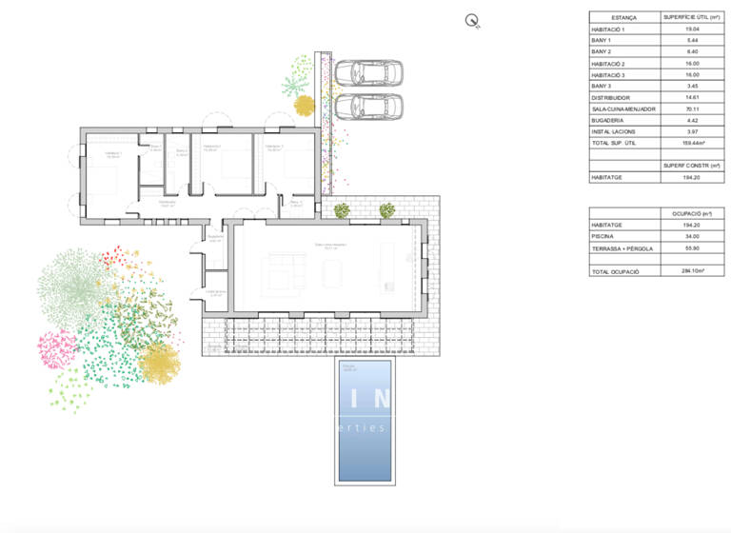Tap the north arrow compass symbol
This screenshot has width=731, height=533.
point(471,20)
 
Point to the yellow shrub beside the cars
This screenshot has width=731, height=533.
point(304,105)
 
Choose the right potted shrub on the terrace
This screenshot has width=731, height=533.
point(387,210)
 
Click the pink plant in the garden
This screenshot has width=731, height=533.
point(57,349)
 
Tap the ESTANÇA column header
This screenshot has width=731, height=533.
point(624,17)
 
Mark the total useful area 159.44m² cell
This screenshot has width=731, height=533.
point(693,143)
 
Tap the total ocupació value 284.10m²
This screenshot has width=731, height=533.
point(693,271)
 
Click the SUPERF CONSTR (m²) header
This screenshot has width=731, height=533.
point(692,166)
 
